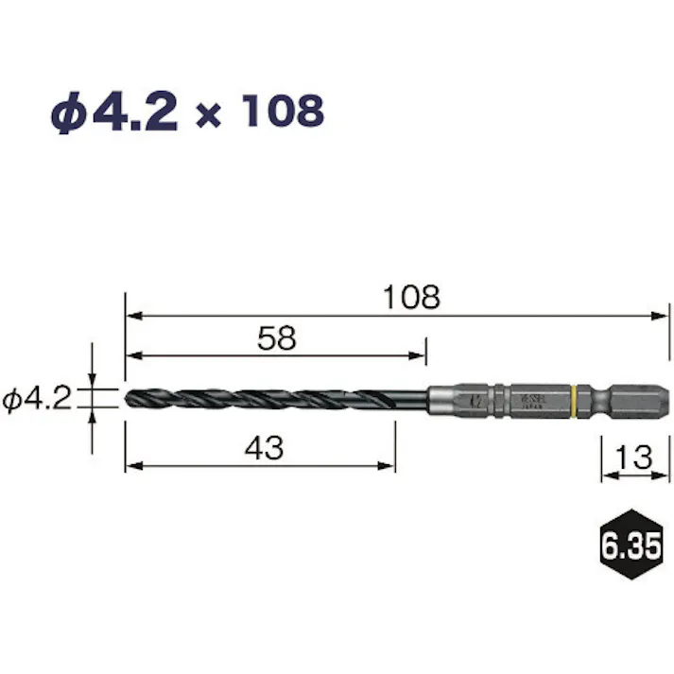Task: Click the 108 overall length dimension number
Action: tap(411, 298)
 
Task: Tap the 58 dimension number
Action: tap(277, 338)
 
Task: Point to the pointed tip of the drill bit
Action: tap(128, 397)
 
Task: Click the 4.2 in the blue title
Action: tap(136, 112)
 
